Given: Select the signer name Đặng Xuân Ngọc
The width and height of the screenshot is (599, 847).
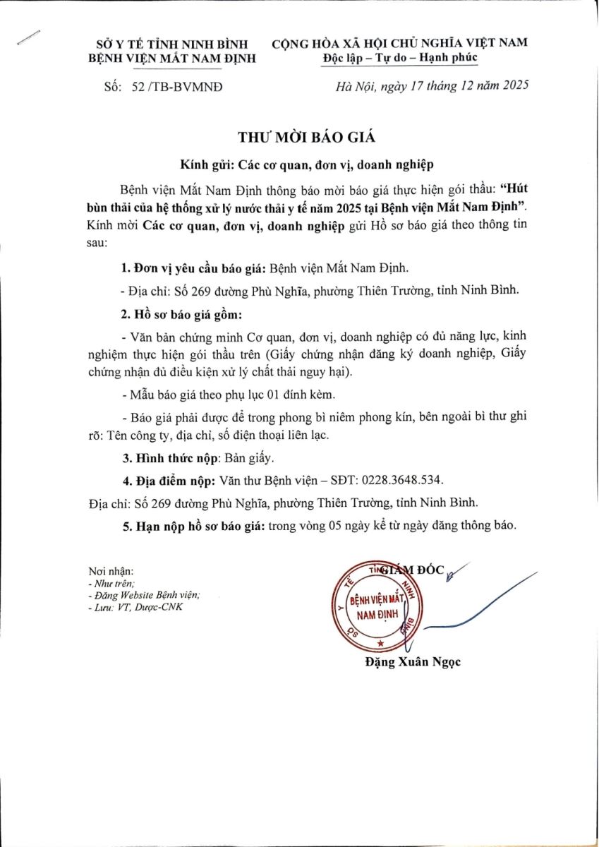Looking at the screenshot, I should coord(413,662).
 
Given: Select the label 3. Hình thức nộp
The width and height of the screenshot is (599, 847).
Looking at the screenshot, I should coord(170,458).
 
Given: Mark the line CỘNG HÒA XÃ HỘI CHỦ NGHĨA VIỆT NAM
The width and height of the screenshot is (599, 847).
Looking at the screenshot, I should coord(399,42).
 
